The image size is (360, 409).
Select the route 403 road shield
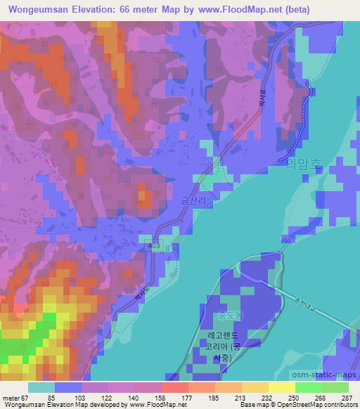154,244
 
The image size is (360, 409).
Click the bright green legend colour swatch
308,387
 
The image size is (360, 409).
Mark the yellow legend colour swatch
281,387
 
